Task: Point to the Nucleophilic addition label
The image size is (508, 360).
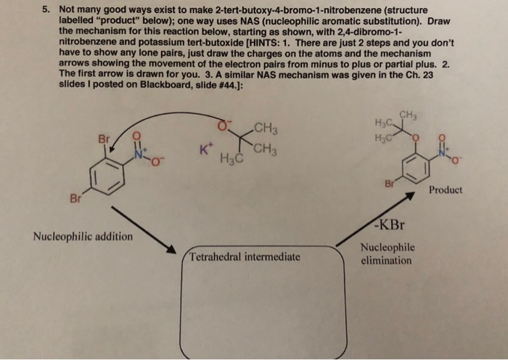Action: pos(83,237)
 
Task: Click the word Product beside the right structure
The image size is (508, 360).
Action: pos(446,190)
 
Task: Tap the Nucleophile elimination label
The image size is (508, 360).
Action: pos(388,254)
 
